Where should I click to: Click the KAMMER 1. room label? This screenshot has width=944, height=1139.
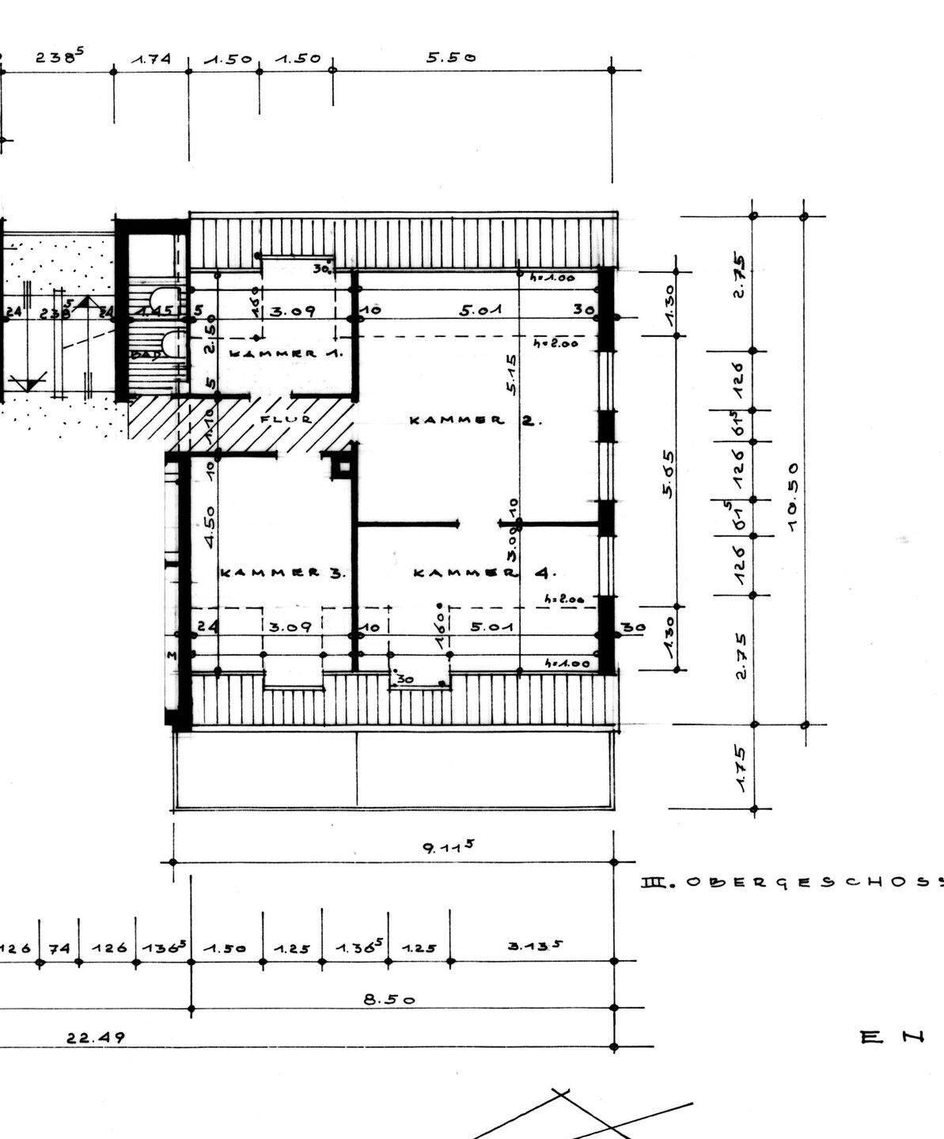click(x=286, y=354)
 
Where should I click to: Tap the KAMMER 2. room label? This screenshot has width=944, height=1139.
click(x=475, y=420)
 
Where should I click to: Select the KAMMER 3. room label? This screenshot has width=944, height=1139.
click(x=282, y=572)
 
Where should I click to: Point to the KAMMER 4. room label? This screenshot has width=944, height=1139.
click(x=484, y=572)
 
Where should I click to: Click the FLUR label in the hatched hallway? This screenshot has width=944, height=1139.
click(x=286, y=420)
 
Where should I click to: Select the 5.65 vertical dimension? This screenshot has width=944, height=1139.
click(x=669, y=474)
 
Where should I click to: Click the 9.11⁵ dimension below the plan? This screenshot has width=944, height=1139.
click(x=448, y=847)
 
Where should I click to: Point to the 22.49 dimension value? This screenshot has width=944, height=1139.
click(x=95, y=1037)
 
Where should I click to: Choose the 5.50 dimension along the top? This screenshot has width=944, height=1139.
click(x=451, y=57)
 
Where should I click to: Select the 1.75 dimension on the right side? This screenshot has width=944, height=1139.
click(x=741, y=768)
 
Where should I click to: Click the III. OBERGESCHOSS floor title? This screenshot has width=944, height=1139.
click(x=791, y=881)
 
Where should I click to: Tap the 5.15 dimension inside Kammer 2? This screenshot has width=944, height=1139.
click(x=512, y=374)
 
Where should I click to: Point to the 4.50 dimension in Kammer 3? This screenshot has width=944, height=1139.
click(x=209, y=527)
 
